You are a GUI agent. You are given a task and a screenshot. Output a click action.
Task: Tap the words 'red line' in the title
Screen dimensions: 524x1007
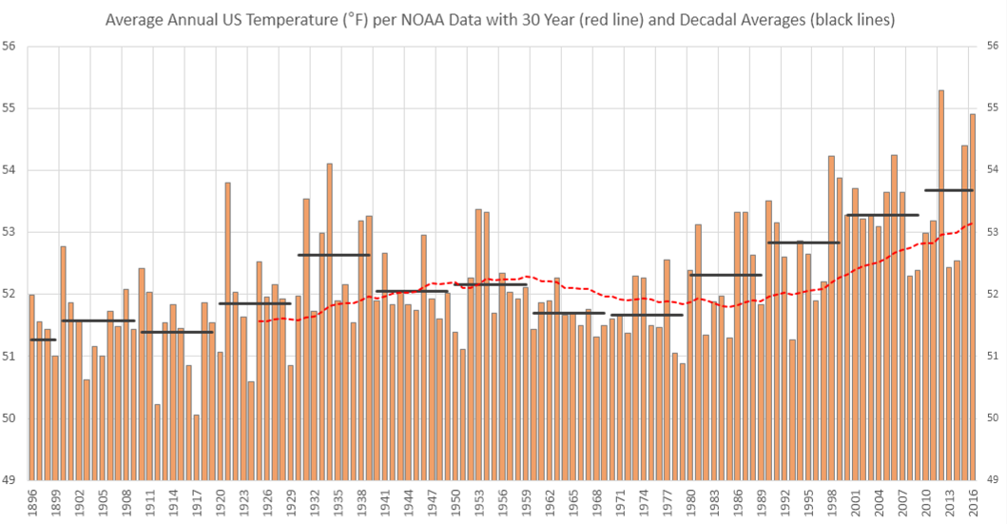tap(611, 19)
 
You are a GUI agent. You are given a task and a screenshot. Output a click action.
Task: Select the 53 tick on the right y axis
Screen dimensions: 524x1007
tap(997, 232)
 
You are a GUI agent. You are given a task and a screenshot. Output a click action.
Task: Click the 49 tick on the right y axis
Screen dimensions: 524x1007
tap(997, 480)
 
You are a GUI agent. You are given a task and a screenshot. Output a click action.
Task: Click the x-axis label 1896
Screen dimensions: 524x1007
tap(31, 501)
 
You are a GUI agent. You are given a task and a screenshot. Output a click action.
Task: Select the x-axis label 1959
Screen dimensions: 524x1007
tap(525, 501)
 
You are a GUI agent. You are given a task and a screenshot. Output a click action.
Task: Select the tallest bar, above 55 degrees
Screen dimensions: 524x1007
tap(940, 285)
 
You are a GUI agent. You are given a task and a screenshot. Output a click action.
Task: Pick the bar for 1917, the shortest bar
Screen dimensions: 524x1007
tap(196, 447)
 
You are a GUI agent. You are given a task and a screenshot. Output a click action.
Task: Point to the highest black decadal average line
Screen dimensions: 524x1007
tap(949, 190)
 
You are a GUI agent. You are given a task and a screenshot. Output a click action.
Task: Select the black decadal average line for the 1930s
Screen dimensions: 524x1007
tap(334, 255)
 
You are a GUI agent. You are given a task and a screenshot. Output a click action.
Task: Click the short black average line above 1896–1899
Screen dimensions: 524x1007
tap(43, 340)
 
